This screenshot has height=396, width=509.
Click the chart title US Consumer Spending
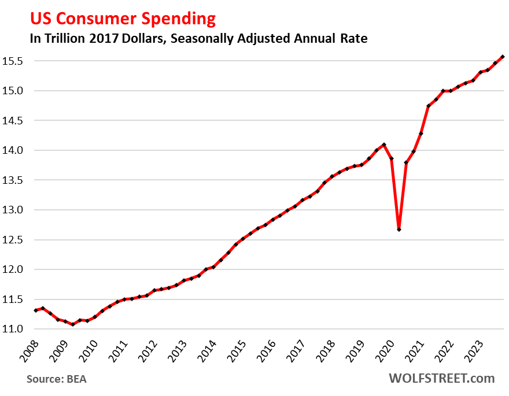click(x=115, y=18)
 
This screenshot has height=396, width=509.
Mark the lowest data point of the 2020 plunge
click(x=399, y=230)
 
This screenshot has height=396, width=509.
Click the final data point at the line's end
click(x=503, y=57)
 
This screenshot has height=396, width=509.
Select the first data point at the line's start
click(x=36, y=310)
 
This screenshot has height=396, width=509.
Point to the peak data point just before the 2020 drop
click(x=384, y=145)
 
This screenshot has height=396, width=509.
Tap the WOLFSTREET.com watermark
click(x=441, y=379)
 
